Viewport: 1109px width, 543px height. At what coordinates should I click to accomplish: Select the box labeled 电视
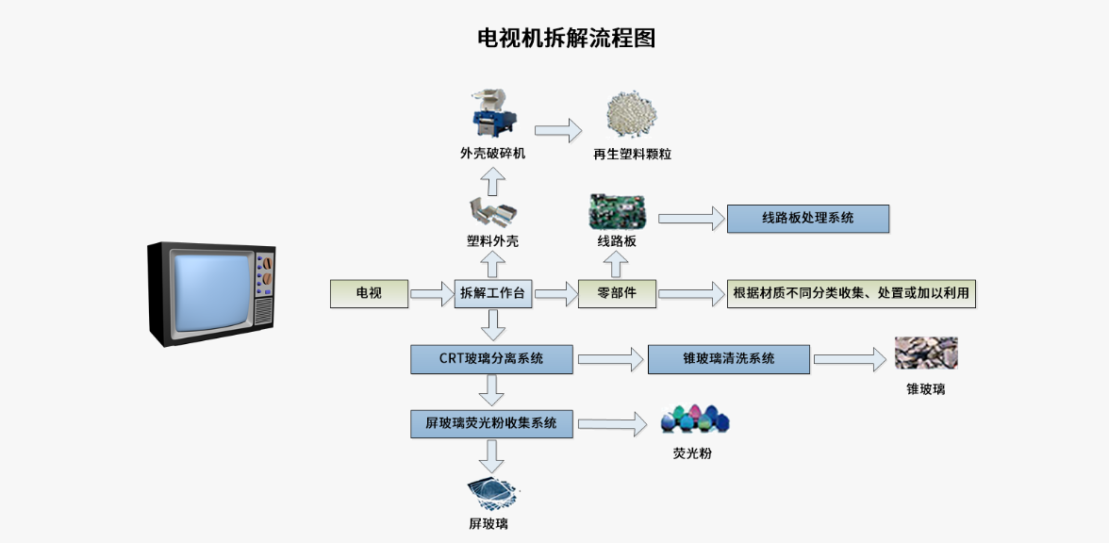(x=369, y=293)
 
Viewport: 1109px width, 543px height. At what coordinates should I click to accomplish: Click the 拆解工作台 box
(x=493, y=293)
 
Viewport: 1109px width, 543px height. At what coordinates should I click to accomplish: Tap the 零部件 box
(x=617, y=293)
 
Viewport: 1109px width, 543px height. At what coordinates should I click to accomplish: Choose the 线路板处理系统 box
(x=807, y=218)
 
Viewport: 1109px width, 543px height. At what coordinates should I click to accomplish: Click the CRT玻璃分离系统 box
(x=491, y=359)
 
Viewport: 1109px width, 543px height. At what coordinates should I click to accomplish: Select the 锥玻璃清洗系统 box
(x=728, y=359)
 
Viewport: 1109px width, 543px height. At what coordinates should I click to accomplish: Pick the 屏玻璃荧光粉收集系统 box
(x=491, y=423)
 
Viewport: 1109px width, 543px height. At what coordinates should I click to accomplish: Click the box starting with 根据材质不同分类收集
(x=851, y=293)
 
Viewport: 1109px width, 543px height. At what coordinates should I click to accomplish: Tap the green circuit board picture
(x=617, y=211)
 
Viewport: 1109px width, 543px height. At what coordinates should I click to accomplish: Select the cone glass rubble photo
(x=925, y=354)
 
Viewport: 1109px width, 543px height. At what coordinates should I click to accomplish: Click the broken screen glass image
(x=493, y=492)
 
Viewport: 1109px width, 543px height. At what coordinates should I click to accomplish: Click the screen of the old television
(x=209, y=291)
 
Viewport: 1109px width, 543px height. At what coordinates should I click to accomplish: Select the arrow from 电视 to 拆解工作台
(x=433, y=293)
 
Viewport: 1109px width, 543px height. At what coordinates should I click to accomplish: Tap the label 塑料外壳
(x=492, y=241)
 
